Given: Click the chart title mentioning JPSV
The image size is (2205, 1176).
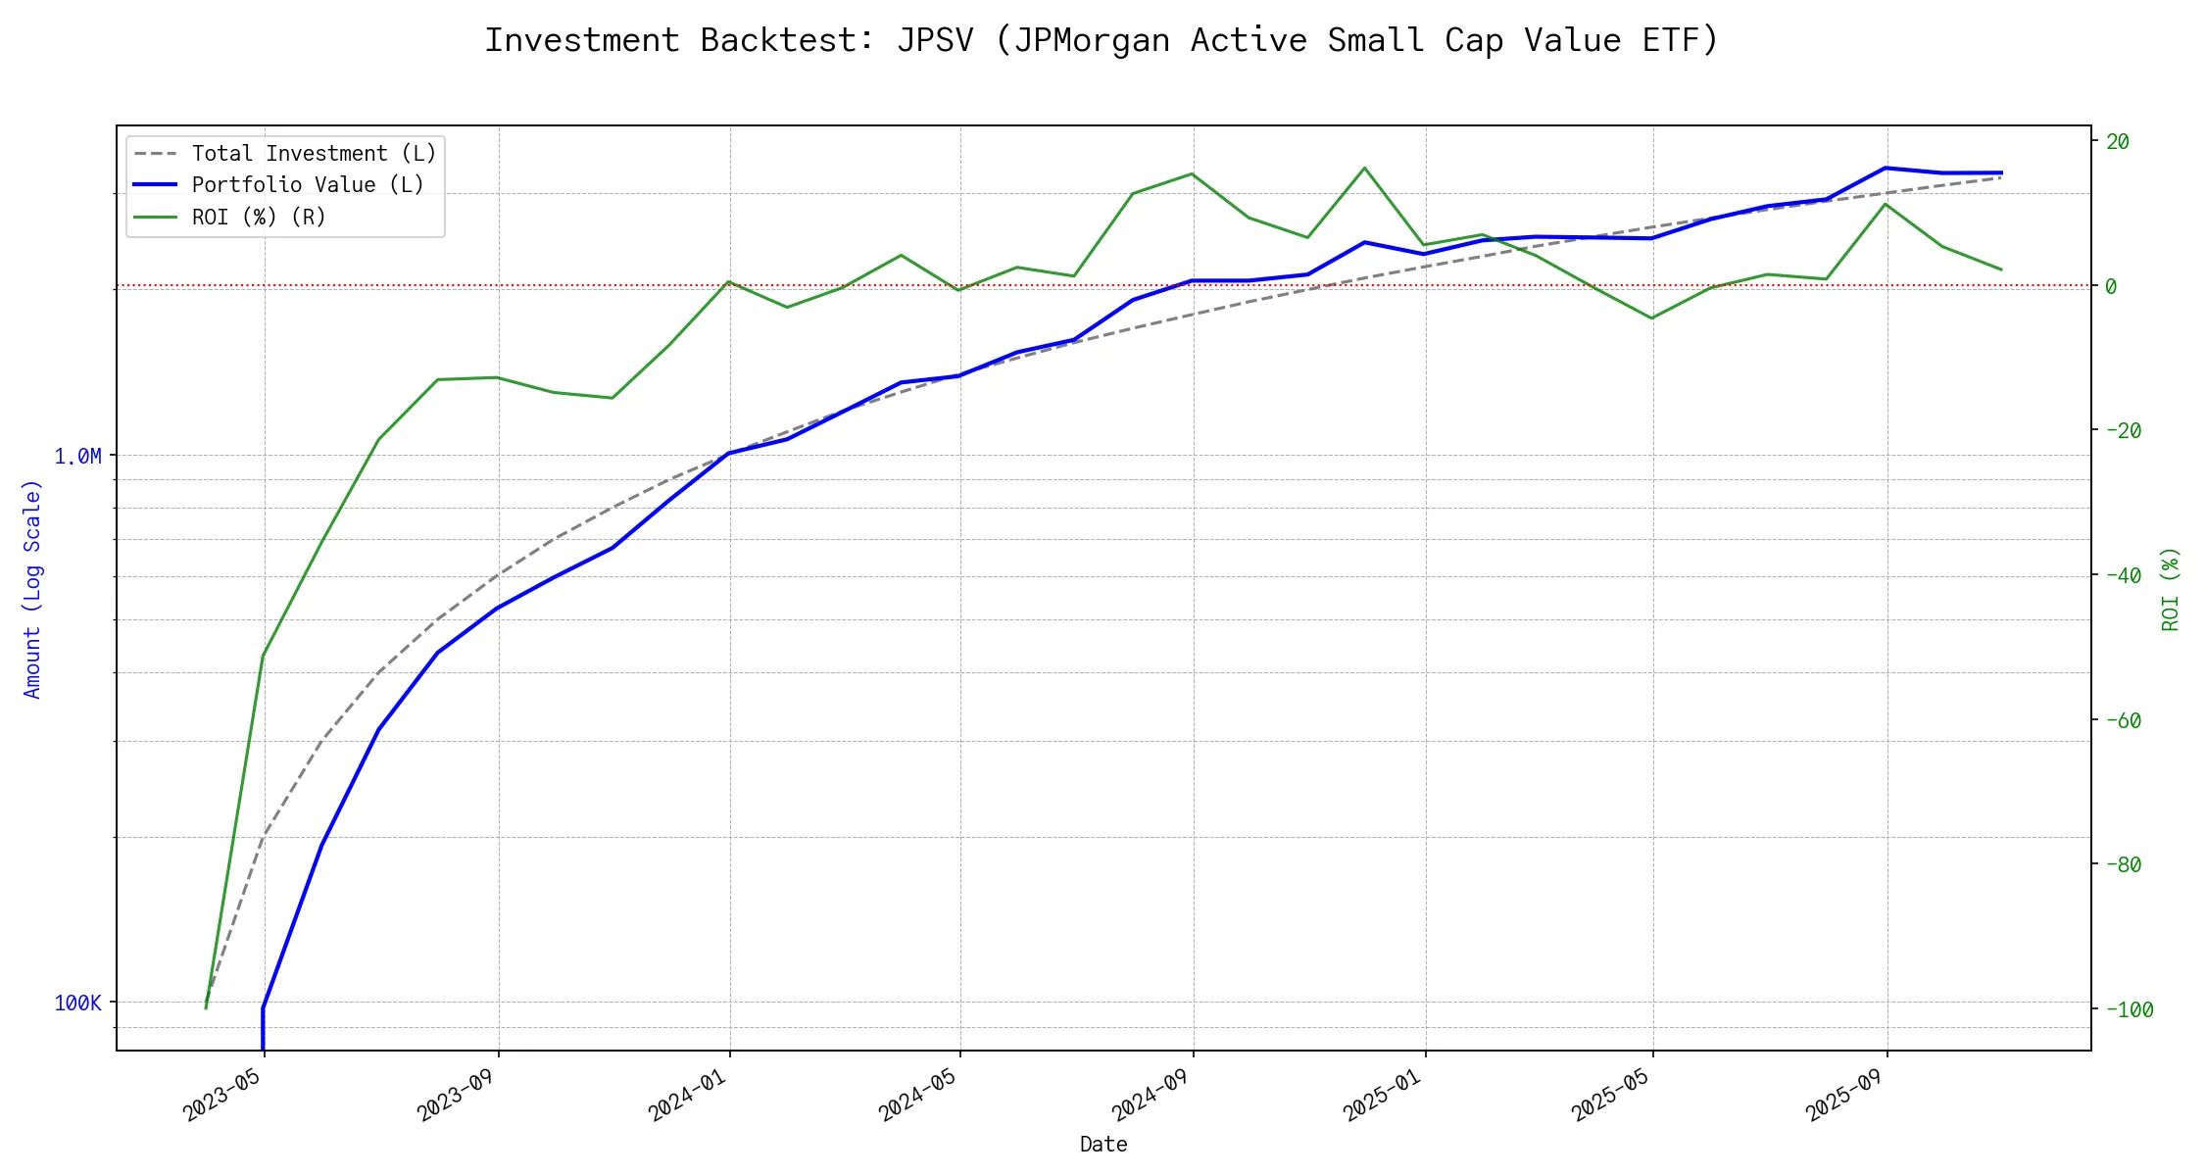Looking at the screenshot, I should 1102,40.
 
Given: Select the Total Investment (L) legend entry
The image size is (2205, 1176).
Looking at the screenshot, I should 314,154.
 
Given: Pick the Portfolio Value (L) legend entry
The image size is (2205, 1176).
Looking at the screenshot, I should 308,185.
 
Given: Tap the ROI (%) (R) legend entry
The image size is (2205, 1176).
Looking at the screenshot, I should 259,217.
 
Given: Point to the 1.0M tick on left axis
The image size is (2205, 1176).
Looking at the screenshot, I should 77,456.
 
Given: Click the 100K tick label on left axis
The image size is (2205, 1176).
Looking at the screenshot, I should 77,1003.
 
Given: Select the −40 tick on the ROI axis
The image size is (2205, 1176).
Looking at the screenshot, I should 2124,575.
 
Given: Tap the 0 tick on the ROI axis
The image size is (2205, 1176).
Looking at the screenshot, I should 2112,286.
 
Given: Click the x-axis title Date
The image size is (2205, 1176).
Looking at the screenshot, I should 1103,1144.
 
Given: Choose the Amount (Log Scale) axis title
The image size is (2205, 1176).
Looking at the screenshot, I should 32,588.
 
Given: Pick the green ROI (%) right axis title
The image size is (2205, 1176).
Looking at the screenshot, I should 2171,588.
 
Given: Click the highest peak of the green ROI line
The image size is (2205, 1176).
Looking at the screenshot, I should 1364,168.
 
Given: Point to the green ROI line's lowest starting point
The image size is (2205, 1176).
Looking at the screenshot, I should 206,1007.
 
